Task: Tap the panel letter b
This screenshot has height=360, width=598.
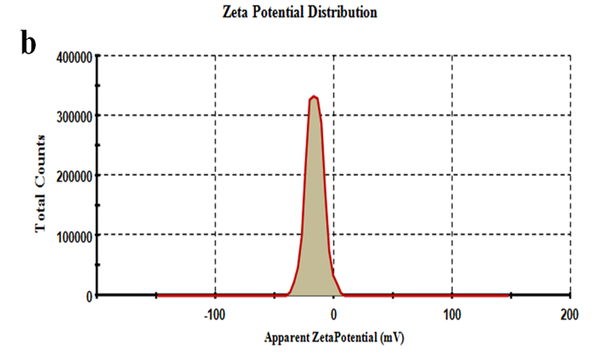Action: [x=28, y=44]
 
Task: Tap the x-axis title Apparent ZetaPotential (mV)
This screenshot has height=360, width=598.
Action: [x=333, y=338]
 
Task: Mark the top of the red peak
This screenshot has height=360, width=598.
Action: [x=314, y=97]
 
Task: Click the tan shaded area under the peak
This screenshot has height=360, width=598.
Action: [x=314, y=224]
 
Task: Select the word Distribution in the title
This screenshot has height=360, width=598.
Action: [x=346, y=12]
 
